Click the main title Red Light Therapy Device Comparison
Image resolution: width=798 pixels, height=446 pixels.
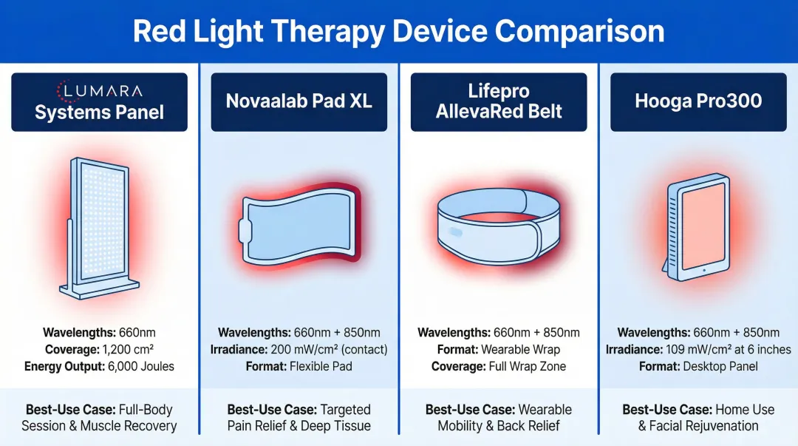[x=398, y=32]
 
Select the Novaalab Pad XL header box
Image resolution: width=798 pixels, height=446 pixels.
[x=299, y=102]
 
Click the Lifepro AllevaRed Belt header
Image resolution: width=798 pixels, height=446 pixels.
[x=499, y=102]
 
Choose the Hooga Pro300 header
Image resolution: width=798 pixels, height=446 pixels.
[x=698, y=102]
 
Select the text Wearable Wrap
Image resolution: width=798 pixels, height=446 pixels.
[x=520, y=349]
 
